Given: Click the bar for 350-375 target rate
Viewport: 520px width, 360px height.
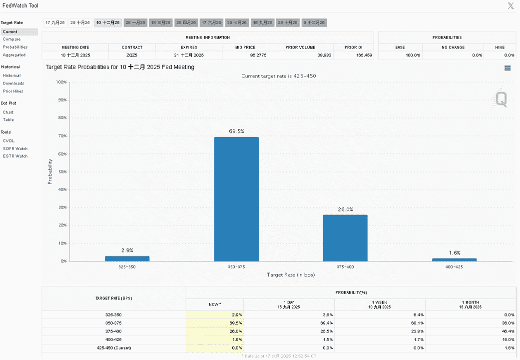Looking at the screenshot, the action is click(236, 199).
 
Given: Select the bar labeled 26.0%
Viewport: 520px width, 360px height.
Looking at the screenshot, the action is click(345, 238).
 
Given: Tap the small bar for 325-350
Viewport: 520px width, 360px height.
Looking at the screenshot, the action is click(127, 258).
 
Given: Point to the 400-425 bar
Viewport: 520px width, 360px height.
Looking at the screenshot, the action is click(455, 259).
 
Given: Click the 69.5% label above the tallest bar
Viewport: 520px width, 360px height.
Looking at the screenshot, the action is click(236, 131).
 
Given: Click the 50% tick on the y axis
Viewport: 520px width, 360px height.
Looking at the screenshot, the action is click(62, 171).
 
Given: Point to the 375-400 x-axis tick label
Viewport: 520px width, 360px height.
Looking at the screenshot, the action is click(345, 267).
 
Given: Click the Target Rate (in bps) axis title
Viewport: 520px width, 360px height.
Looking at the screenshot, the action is click(291, 274).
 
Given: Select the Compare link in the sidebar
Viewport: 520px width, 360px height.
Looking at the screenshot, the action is click(11, 39).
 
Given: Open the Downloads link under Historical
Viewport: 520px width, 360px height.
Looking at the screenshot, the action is click(13, 83).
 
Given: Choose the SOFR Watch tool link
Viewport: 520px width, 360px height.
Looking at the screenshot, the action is click(15, 148).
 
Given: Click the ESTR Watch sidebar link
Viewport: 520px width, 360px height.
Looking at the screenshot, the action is click(15, 156).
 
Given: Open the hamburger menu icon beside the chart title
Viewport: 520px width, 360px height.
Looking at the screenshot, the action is click(508, 68).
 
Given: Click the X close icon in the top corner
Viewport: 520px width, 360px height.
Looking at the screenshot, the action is click(511, 5).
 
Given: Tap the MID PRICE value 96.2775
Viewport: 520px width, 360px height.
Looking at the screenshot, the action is click(258, 55).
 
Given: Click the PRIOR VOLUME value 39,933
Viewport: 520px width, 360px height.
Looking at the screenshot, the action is click(324, 55).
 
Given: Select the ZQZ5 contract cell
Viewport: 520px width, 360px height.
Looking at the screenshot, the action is click(132, 55).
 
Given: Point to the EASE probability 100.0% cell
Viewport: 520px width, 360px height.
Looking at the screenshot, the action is click(413, 55).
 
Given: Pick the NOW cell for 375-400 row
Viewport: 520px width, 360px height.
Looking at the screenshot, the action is click(215, 331).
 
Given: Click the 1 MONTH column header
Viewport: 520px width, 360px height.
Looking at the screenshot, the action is click(471, 304).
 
